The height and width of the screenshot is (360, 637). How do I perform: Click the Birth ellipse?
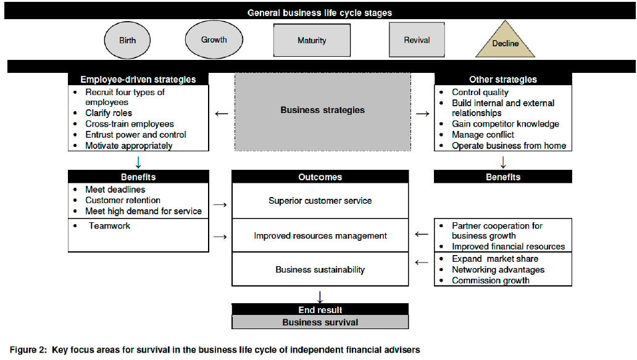tap(128, 41)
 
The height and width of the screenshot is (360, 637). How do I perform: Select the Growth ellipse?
tap(214, 40)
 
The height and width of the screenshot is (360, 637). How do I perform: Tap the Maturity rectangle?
tap(312, 41)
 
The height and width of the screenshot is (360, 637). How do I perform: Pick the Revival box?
tap(417, 40)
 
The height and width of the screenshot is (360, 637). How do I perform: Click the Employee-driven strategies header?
tap(138, 79)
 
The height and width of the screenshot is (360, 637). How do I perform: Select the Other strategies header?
tap(502, 79)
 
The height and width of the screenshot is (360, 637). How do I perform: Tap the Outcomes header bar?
tap(320, 177)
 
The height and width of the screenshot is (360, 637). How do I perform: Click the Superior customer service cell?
tap(320, 201)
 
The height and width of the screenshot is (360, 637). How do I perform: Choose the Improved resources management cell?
tap(320, 235)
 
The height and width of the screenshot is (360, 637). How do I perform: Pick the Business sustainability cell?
tap(320, 269)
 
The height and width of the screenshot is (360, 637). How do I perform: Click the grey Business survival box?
tap(320, 322)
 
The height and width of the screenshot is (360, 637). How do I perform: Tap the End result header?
tap(320, 310)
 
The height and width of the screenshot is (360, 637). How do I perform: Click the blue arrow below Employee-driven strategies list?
tap(138, 162)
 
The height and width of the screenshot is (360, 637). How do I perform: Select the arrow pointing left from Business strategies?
tap(221, 114)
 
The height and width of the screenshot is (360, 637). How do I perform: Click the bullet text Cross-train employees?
tap(130, 124)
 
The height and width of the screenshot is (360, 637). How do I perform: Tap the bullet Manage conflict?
tap(483, 135)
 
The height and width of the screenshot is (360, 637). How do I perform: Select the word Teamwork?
tap(109, 226)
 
